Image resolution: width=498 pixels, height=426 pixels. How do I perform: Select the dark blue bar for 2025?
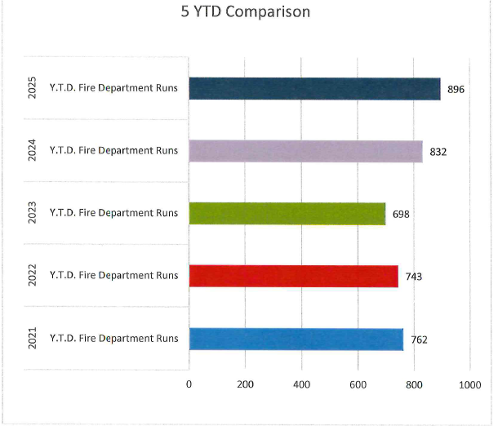pos(314,89)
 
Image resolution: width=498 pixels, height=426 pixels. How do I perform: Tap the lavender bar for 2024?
pos(305,151)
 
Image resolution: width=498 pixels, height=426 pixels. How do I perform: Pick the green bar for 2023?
pos(287,214)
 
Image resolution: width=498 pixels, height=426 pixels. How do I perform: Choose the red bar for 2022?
pos(293,276)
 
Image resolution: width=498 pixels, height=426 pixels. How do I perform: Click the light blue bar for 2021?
pos(296,339)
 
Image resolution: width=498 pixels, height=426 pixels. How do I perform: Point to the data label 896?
pos(456,89)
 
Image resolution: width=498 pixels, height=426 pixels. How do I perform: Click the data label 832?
pos(438,152)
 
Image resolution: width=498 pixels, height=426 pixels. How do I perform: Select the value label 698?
pos(401,214)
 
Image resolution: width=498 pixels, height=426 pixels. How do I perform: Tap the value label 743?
pos(414,277)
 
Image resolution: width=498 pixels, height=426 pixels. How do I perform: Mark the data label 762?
pos(419,339)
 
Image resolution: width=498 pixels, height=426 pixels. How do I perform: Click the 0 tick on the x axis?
pos(189,384)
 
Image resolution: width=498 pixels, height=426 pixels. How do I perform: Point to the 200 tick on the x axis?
pos(245,384)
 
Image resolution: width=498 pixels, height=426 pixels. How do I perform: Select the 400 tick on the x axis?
pos(301,384)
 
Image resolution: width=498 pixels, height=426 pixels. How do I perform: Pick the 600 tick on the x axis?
pos(358,384)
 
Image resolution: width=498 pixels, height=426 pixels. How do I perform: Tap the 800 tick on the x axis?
pos(414,384)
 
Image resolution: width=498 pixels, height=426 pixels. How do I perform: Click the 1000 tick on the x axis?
pos(469,384)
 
